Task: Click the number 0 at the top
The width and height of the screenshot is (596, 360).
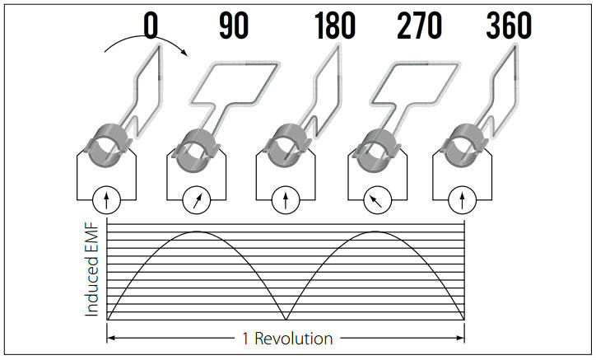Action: [x=150, y=26]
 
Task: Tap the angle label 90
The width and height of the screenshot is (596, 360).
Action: [x=234, y=26]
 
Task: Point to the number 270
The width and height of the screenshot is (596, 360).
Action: [x=419, y=26]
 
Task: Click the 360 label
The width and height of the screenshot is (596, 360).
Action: [x=508, y=26]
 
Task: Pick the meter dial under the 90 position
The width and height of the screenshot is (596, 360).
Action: [x=194, y=199]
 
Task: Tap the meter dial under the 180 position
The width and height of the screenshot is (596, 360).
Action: [x=285, y=199]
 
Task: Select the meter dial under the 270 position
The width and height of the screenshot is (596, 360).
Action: [x=375, y=199]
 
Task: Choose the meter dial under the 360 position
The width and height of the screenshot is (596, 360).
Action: [x=463, y=199]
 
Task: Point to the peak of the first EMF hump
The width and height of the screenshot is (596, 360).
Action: [x=196, y=231]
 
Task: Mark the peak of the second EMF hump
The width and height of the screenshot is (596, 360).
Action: [x=375, y=231]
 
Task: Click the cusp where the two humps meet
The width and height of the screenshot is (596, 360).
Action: [x=286, y=319]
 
